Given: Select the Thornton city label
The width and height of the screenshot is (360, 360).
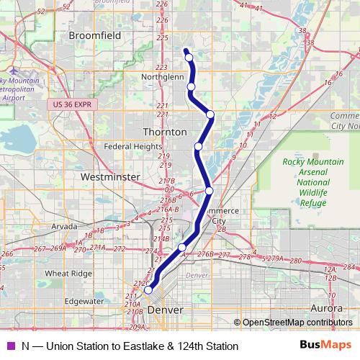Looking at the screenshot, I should [x=165, y=132].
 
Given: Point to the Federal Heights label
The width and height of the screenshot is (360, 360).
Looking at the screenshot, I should [x=132, y=146].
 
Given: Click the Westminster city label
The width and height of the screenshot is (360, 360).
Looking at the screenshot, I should [x=109, y=176].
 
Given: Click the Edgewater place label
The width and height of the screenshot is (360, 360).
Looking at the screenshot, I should [x=84, y=302].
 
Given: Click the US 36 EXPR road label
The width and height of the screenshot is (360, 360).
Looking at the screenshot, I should [x=74, y=105].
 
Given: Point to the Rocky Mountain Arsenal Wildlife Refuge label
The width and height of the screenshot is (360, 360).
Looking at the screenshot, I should [x=313, y=183].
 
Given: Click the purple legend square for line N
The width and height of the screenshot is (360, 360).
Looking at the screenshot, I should [x=9, y=346].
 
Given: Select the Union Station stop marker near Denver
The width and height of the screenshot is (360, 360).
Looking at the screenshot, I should [x=148, y=291].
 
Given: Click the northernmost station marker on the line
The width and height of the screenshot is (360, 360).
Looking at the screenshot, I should [x=189, y=58].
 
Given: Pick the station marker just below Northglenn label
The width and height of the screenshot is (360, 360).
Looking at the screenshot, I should [x=192, y=87].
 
